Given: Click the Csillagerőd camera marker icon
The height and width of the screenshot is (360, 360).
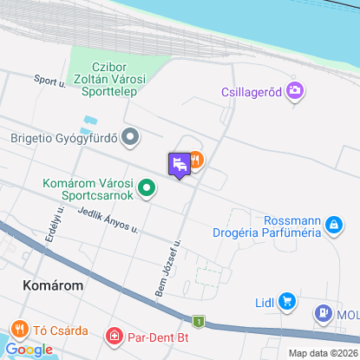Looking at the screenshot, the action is [x=296, y=89].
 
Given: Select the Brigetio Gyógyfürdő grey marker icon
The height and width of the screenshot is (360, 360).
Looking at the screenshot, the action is [x=131, y=136].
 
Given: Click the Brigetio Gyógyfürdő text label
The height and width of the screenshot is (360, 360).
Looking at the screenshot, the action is [x=64, y=137].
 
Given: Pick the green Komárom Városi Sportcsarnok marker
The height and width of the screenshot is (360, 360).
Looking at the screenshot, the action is [x=147, y=187].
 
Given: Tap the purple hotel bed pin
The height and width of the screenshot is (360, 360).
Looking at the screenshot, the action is [x=179, y=164].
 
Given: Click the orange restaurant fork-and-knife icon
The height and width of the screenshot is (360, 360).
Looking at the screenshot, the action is [x=196, y=160].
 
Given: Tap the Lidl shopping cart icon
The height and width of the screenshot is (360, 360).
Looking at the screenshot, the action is [x=289, y=302].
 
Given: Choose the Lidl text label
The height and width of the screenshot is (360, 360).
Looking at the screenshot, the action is [x=265, y=303].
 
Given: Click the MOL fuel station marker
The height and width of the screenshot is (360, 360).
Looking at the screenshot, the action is [x=323, y=312].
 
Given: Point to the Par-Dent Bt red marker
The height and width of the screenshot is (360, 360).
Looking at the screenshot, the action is [x=114, y=335].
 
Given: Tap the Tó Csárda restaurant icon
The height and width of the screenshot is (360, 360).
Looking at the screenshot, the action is [x=19, y=330].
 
